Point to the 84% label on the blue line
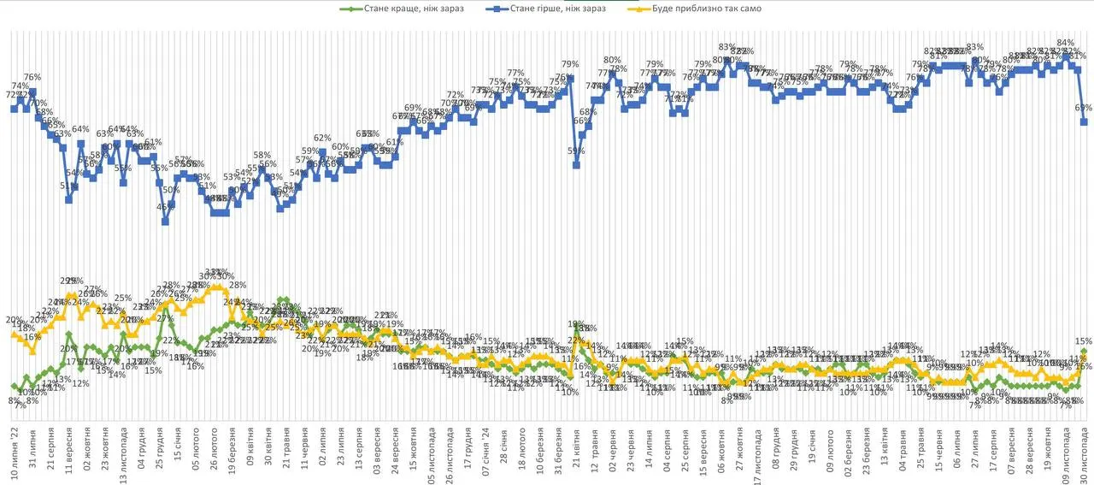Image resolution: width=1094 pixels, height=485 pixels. [x=1065, y=43]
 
